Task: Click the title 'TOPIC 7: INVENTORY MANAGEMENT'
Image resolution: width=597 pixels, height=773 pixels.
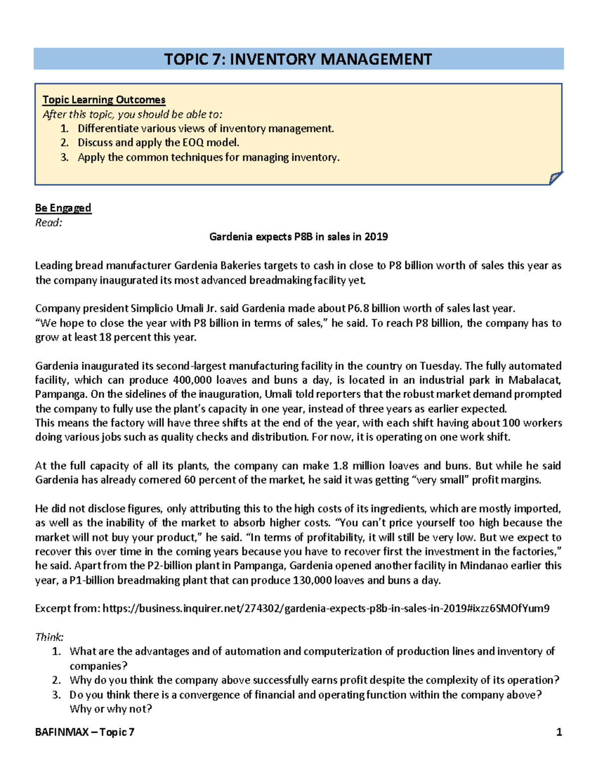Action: click(x=298, y=59)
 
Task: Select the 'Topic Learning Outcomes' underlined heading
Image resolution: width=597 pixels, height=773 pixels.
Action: click(x=103, y=100)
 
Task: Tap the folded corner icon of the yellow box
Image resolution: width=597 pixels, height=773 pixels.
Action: click(x=556, y=178)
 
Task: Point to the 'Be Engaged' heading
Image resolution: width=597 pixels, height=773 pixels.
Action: click(x=63, y=208)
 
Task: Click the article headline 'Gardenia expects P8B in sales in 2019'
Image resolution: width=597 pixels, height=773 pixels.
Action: click(x=298, y=236)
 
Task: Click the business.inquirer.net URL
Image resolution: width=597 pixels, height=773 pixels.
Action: click(x=326, y=608)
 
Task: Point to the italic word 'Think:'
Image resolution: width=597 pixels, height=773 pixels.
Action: click(x=49, y=637)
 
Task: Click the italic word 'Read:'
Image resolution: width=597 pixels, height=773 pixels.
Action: click(x=48, y=222)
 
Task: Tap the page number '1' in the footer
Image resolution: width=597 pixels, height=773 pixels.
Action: click(x=559, y=732)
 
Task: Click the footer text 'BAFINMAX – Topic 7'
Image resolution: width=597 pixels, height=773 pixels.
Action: click(x=85, y=732)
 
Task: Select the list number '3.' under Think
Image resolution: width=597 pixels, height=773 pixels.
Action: click(x=57, y=695)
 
